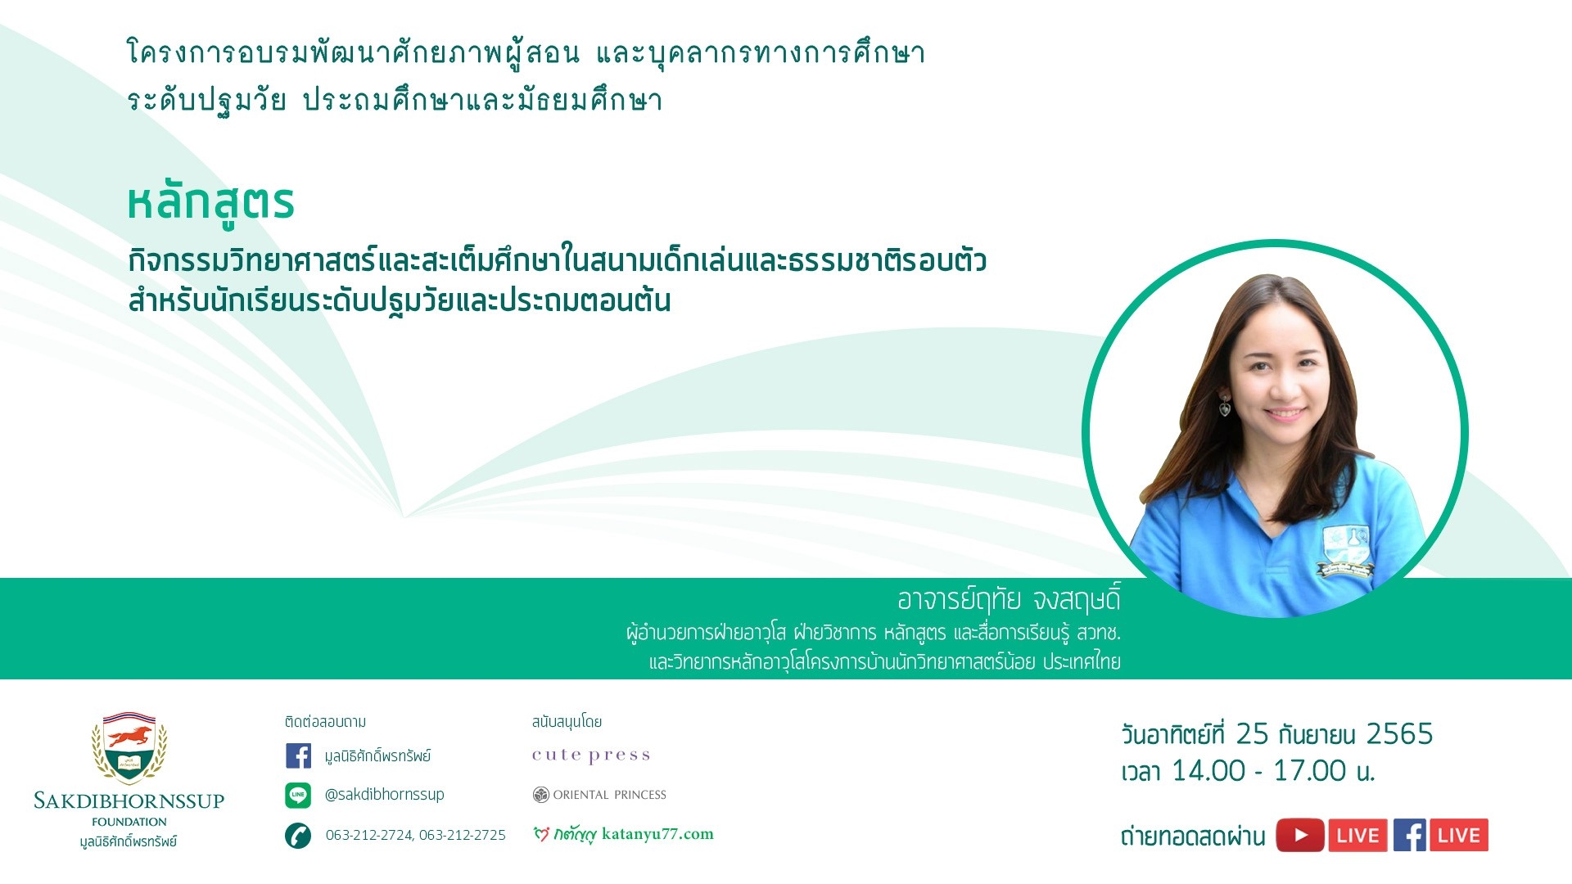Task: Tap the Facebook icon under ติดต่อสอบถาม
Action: point(298,755)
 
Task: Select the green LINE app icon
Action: point(298,795)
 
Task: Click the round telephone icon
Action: point(298,835)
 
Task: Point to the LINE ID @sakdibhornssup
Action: point(385,795)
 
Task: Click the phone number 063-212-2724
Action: point(369,835)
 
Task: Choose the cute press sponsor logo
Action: point(591,755)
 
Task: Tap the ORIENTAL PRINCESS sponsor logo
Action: point(599,795)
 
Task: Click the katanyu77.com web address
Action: point(657,834)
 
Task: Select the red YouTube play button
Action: point(1300,836)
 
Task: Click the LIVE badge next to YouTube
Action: point(1357,836)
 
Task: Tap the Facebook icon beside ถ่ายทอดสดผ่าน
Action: point(1410,836)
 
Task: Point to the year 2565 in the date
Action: point(1399,734)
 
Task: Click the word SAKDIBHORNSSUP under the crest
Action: point(129,801)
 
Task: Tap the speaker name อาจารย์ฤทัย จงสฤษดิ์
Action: point(1009,600)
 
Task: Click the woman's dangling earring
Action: point(1225,405)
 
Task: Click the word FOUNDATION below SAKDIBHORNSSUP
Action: point(129,822)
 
